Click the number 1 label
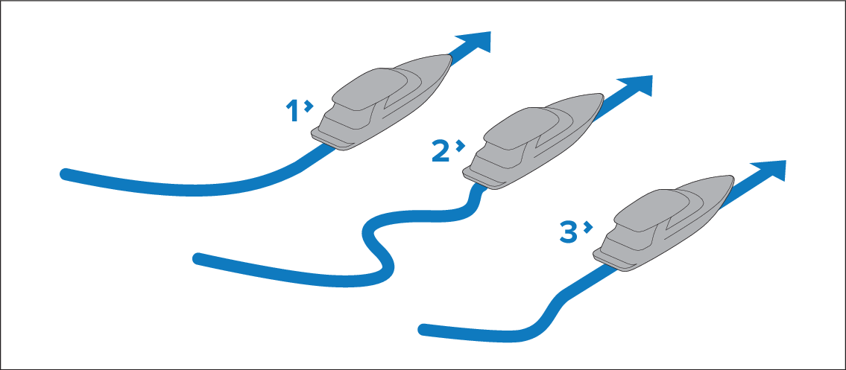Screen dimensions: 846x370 (x=292, y=111)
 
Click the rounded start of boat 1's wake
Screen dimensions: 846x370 (x=64, y=174)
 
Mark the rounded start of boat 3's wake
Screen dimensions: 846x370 (x=423, y=329)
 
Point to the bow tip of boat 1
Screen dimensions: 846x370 (x=450, y=56)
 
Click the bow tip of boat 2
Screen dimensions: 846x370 (x=602, y=95)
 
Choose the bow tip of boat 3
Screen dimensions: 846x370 (x=732, y=176)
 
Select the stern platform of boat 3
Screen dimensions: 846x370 (x=613, y=262)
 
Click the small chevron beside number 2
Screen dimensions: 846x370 (x=460, y=146)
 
